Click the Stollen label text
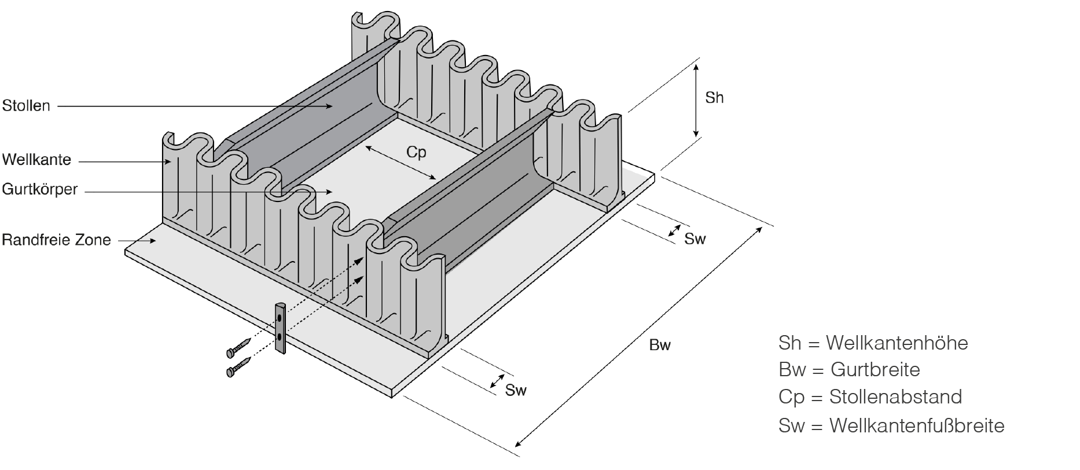[26, 106]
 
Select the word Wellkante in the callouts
[36, 159]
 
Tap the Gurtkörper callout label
[39, 189]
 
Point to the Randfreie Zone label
[56, 240]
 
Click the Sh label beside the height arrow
[714, 98]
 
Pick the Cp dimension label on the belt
[416, 152]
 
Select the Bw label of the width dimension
[660, 346]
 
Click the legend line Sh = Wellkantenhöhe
[873, 343]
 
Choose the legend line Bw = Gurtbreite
[849, 369]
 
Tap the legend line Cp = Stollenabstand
[870, 396]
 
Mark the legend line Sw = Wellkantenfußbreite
[891, 426]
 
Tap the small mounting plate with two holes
[281, 327]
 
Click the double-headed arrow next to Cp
[401, 163]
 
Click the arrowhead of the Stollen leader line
[330, 106]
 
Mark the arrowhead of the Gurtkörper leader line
[330, 190]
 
